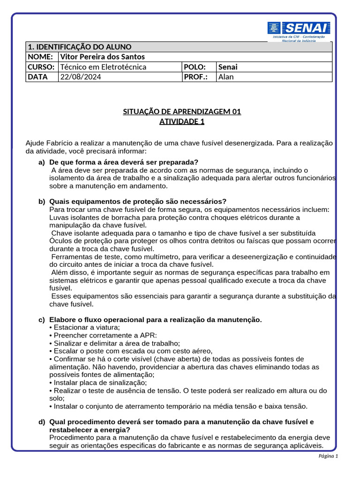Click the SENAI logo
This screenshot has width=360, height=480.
coord(299,29)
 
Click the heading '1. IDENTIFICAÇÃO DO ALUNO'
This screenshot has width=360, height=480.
coord(80,47)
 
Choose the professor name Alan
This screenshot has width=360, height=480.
coord(226,77)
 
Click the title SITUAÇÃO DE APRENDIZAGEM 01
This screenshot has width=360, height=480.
coord(182,112)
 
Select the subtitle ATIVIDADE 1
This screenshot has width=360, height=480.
coord(182,122)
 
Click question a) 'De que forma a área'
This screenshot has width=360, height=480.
coord(124,162)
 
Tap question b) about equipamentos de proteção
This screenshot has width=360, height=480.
coord(138,202)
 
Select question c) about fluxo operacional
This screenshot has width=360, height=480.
coord(155,320)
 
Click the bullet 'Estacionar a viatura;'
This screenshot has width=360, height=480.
coord(87,327)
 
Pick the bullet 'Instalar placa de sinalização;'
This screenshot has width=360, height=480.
coord(100,382)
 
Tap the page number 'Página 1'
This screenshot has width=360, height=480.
coord(328,456)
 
